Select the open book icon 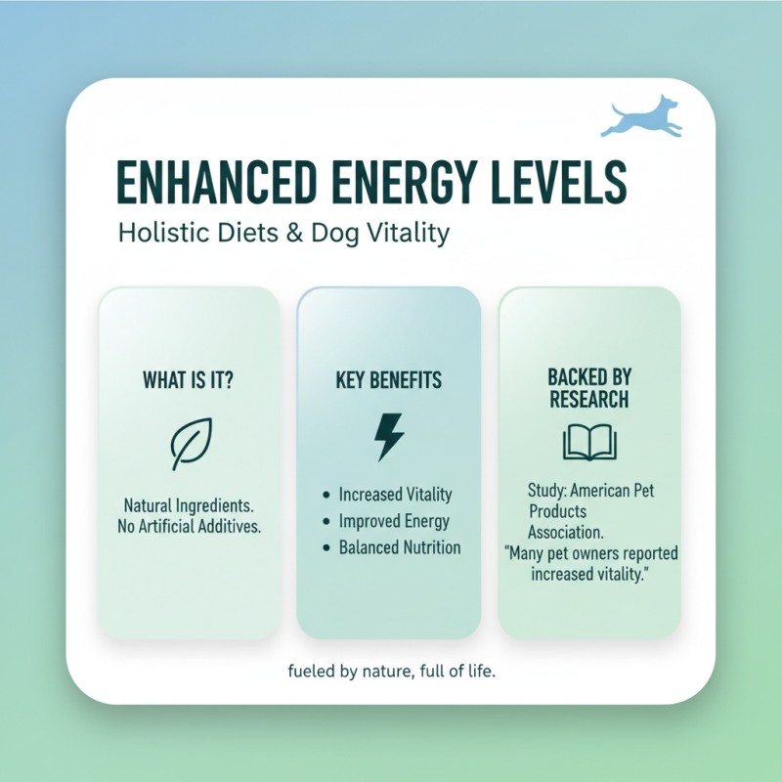(x=588, y=442)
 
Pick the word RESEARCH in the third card (x=588, y=399)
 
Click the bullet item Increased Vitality (x=395, y=495)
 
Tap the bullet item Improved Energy (x=394, y=521)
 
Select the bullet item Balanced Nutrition (x=399, y=547)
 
